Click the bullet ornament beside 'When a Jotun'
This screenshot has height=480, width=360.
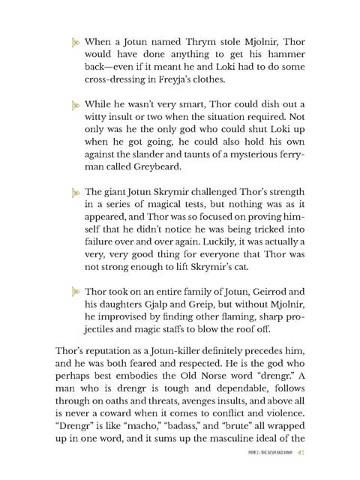[76, 43]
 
